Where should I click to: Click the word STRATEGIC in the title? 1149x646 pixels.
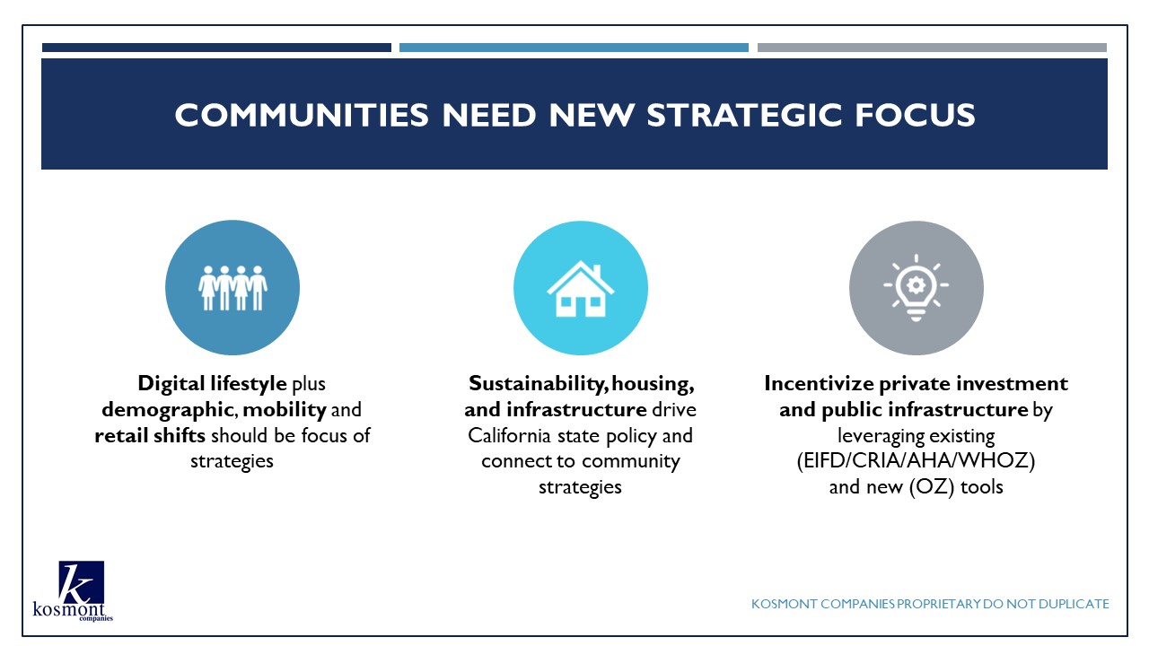pos(744,114)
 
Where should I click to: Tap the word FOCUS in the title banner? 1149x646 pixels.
pos(915,114)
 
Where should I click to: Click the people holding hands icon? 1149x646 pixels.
pos(232,288)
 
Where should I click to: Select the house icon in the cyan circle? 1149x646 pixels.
pos(581,289)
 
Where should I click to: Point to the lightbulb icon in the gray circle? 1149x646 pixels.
pos(917,288)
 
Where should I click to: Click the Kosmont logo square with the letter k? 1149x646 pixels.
pos(81,583)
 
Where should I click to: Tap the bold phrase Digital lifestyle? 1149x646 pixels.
pos(212,383)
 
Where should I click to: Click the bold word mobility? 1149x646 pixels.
pos(285,410)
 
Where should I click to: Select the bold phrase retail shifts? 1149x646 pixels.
pos(150,435)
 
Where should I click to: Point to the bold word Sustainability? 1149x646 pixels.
pos(538,383)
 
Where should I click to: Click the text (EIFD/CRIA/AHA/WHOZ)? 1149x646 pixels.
pos(917,460)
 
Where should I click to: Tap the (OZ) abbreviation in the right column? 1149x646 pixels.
pos(932,486)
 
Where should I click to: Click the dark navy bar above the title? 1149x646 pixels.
pos(216,48)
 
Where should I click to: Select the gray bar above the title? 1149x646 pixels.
pos(932,48)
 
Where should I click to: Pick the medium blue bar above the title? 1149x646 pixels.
pos(574,48)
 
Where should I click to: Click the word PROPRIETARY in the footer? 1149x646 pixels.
pos(938,604)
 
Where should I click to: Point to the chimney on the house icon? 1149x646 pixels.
pos(597,270)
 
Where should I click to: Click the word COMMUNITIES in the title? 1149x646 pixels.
pos(302,114)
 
